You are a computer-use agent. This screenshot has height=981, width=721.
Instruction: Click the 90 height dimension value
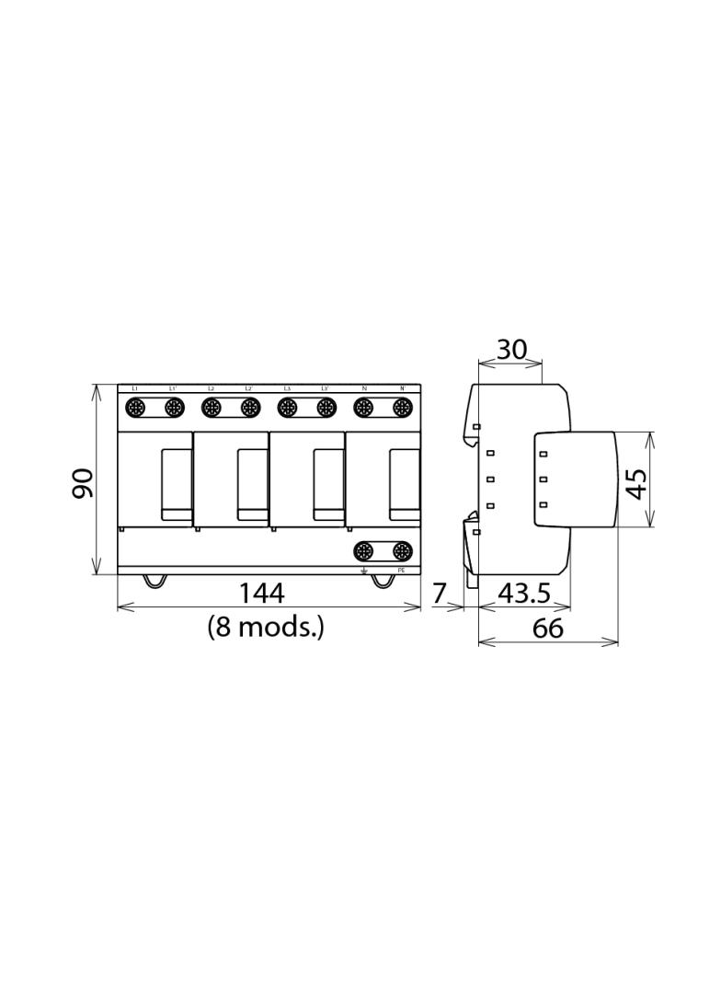pyautogui.click(x=84, y=482)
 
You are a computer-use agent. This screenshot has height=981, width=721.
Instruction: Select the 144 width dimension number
pyautogui.click(x=261, y=594)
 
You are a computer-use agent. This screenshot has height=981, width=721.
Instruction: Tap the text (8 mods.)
pyautogui.click(x=266, y=628)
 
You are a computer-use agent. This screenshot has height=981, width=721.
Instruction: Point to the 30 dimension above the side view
pyautogui.click(x=511, y=350)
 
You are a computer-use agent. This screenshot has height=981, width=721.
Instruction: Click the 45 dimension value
pyautogui.click(x=636, y=480)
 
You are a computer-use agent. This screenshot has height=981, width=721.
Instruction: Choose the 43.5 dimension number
pyautogui.click(x=524, y=594)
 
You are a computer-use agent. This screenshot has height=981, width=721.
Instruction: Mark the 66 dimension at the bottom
pyautogui.click(x=548, y=629)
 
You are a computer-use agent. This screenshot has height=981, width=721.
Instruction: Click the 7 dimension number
pyautogui.click(x=439, y=594)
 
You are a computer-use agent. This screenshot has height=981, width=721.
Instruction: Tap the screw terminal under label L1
pyautogui.click(x=135, y=406)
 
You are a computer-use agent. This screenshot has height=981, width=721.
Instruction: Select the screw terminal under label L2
pyautogui.click(x=212, y=406)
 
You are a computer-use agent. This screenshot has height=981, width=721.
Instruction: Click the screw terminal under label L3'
pyautogui.click(x=326, y=406)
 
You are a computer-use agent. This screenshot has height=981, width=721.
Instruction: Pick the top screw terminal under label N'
pyautogui.click(x=401, y=406)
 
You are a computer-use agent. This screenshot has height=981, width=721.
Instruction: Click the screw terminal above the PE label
pyautogui.click(x=401, y=550)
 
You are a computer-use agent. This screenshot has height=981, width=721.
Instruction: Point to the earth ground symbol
pyautogui.click(x=364, y=571)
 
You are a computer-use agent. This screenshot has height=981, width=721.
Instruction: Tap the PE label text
pyautogui.click(x=401, y=571)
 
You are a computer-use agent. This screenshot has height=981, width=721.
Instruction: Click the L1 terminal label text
pyautogui.click(x=135, y=388)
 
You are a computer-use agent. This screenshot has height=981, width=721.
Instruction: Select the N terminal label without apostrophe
pyautogui.click(x=364, y=388)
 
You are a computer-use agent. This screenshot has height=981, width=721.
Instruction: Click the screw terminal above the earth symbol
pyautogui.click(x=364, y=550)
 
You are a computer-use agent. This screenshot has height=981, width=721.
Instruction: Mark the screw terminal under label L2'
pyautogui.click(x=249, y=406)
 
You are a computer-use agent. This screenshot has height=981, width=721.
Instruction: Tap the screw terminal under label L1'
pyautogui.click(x=173, y=406)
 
